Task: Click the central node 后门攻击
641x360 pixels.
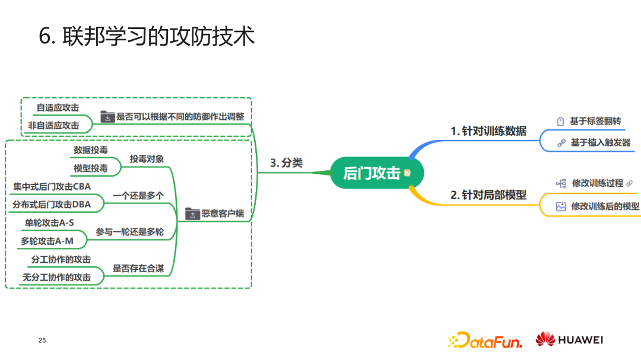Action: [372, 173]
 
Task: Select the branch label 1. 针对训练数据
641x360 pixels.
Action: [488, 131]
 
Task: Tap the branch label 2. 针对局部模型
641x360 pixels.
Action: [488, 195]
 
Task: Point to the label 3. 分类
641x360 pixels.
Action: [286, 163]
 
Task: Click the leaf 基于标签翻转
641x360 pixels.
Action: [595, 121]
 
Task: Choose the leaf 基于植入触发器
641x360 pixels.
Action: [600, 142]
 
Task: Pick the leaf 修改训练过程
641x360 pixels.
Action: [597, 183]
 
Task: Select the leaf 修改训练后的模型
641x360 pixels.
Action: [605, 206]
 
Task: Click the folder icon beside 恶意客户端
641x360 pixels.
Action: [192, 214]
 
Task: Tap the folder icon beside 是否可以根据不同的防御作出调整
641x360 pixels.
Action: [107, 116]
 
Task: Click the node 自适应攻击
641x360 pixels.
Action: [58, 108]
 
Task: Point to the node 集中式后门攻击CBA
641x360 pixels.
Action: [52, 187]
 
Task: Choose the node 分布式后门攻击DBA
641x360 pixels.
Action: [52, 205]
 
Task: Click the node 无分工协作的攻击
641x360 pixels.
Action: [56, 277]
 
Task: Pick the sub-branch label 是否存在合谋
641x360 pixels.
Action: [138, 268]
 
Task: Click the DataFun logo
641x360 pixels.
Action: [484, 340]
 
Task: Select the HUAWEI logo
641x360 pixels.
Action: [569, 340]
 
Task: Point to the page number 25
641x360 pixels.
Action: [42, 340]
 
